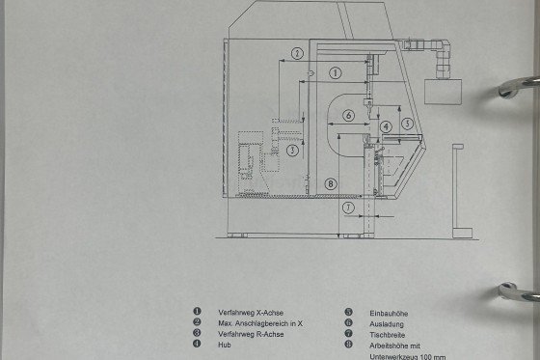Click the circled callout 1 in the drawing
tap(336, 73)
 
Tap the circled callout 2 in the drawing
tap(298, 53)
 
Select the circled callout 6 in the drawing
tap(348, 115)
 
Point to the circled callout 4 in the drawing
tap(386, 126)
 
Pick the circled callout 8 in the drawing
tap(331, 183)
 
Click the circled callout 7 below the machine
tap(348, 208)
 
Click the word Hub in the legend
tap(225, 345)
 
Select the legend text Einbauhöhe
tap(389, 314)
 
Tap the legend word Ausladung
tap(387, 324)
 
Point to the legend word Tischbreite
tap(387, 335)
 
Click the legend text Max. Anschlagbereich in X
tap(260, 323)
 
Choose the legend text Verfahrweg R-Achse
tap(251, 334)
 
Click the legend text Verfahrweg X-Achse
tap(251, 313)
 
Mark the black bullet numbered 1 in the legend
tap(197, 311)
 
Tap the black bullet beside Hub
tap(197, 344)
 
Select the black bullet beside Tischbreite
tap(348, 333)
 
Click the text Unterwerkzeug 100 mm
tap(407, 356)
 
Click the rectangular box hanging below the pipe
tap(443, 92)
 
